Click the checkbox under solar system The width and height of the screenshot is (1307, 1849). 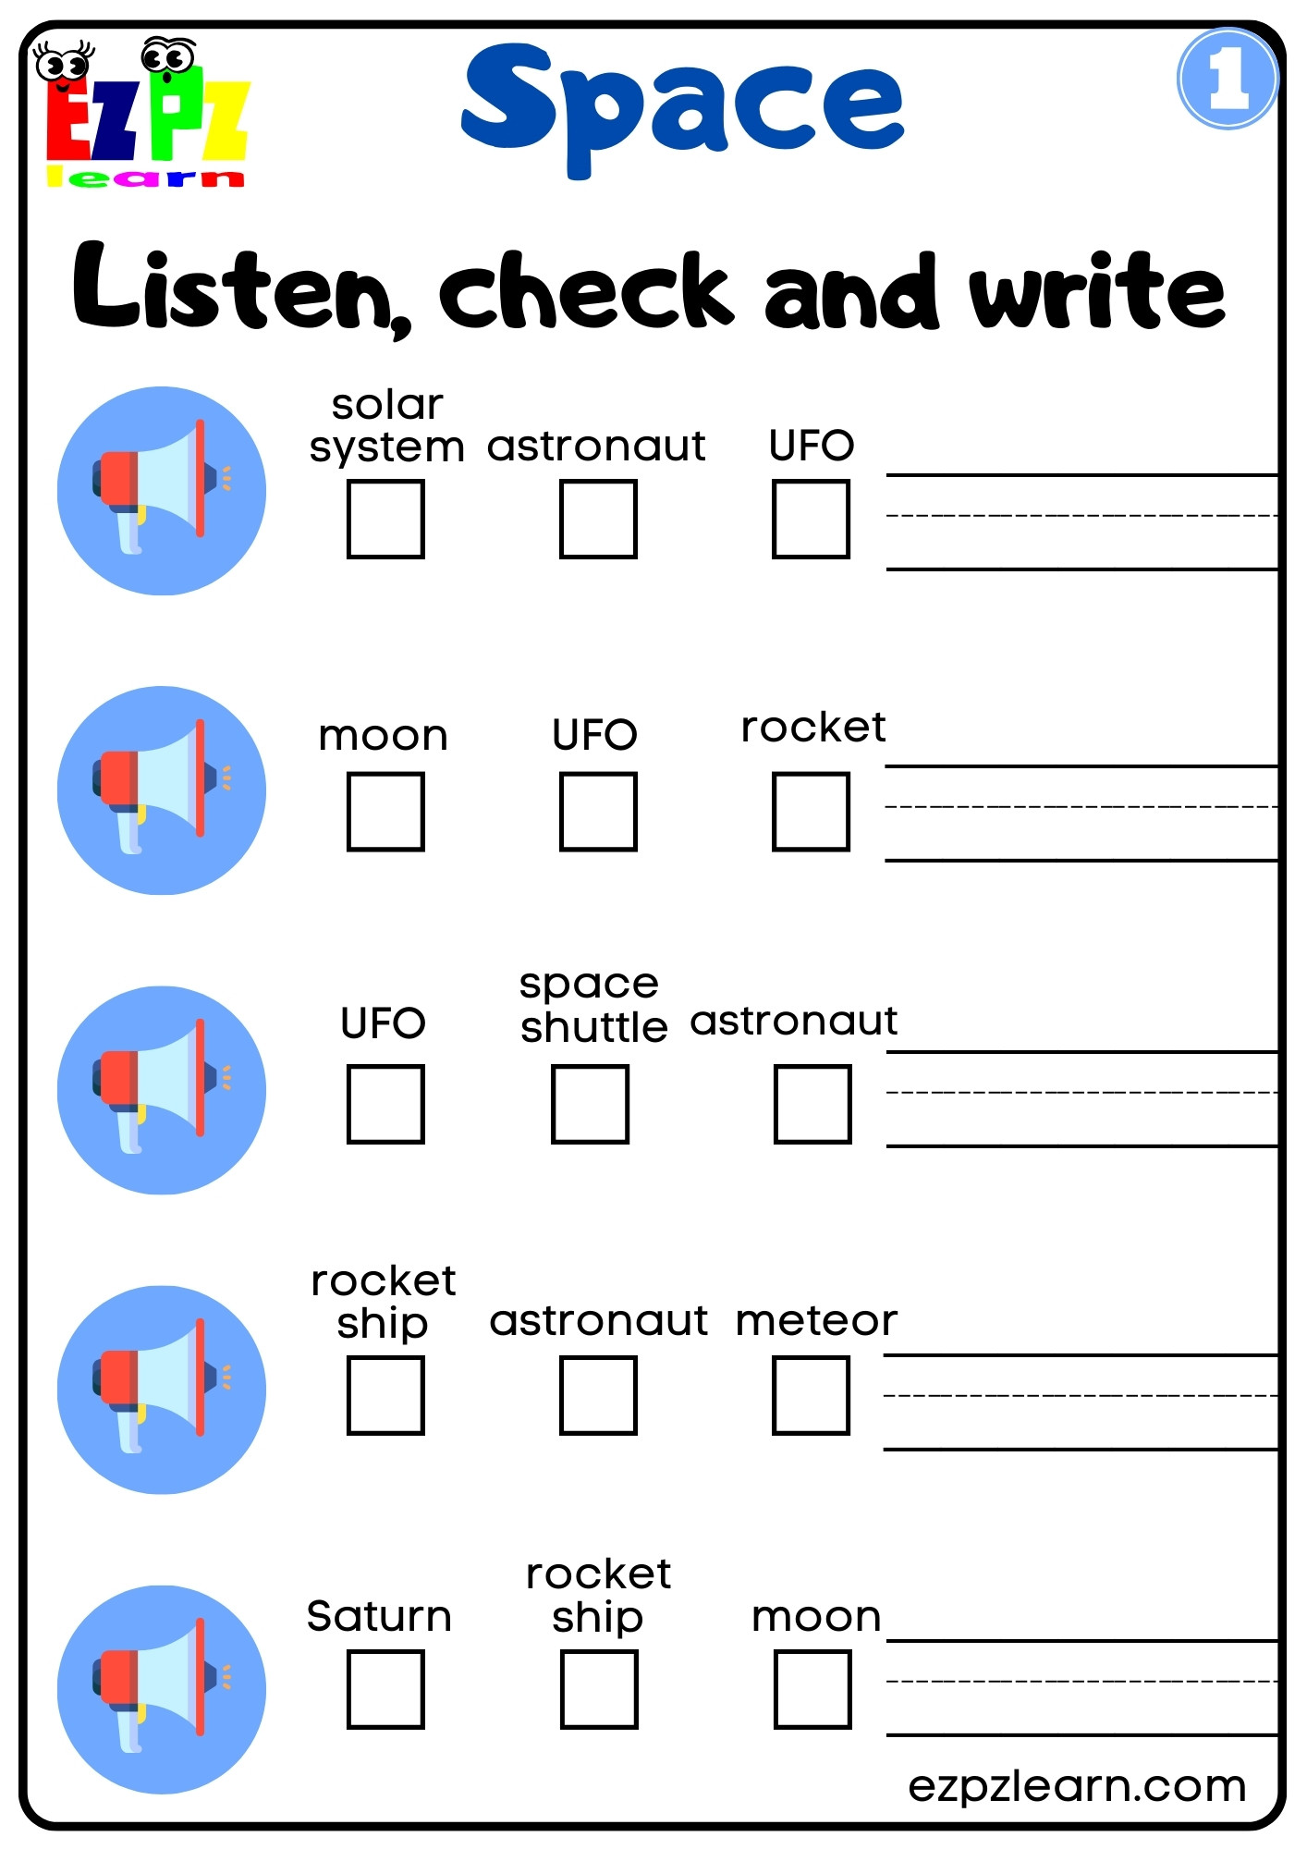coord(385,519)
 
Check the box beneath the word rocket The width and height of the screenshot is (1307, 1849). coord(811,812)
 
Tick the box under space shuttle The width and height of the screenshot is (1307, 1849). coord(590,1104)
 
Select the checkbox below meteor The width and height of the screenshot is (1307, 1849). coord(811,1395)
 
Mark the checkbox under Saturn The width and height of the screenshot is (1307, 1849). coord(385,1689)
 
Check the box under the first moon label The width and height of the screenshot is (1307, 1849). coord(385,812)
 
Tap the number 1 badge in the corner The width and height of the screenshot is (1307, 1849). coord(1227,79)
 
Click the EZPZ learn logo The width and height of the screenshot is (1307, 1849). coord(146,113)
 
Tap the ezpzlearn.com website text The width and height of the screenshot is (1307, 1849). coord(1077,1785)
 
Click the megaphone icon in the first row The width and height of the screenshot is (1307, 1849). coord(162,490)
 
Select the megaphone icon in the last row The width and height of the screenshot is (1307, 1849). coord(162,1689)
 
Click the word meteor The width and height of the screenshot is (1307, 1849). coord(816,1320)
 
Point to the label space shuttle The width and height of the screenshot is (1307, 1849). coord(592,1005)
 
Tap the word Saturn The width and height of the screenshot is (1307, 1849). coord(379,1616)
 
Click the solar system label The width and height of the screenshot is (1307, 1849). coord(386,426)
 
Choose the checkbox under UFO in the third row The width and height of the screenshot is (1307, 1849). coord(385,1104)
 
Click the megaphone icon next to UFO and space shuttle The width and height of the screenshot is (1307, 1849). coord(162,1090)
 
